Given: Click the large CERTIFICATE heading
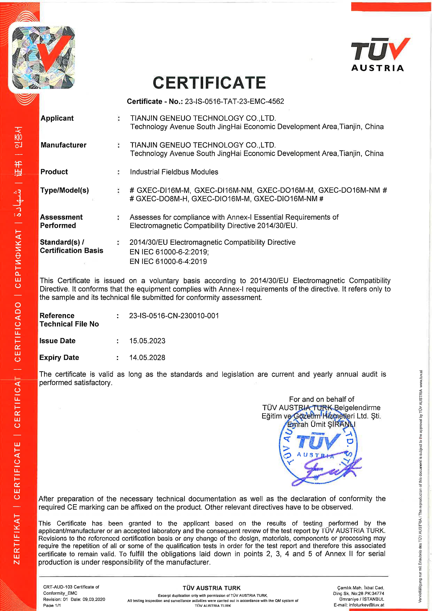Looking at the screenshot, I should pos(209,83).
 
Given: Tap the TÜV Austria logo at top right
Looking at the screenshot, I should pos(380,55).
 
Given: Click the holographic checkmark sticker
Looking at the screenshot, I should pos(44,57).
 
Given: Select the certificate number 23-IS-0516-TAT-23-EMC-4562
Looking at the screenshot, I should pos(234,101).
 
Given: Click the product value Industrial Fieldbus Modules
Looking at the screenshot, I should pos(174,172).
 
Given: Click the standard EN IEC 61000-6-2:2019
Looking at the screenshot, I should pos(169,252).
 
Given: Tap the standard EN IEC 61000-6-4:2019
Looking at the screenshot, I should pos(168,261).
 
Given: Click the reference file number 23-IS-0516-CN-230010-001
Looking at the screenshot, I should pos(174,316).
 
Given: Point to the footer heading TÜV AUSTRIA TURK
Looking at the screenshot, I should pos(211,588).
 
